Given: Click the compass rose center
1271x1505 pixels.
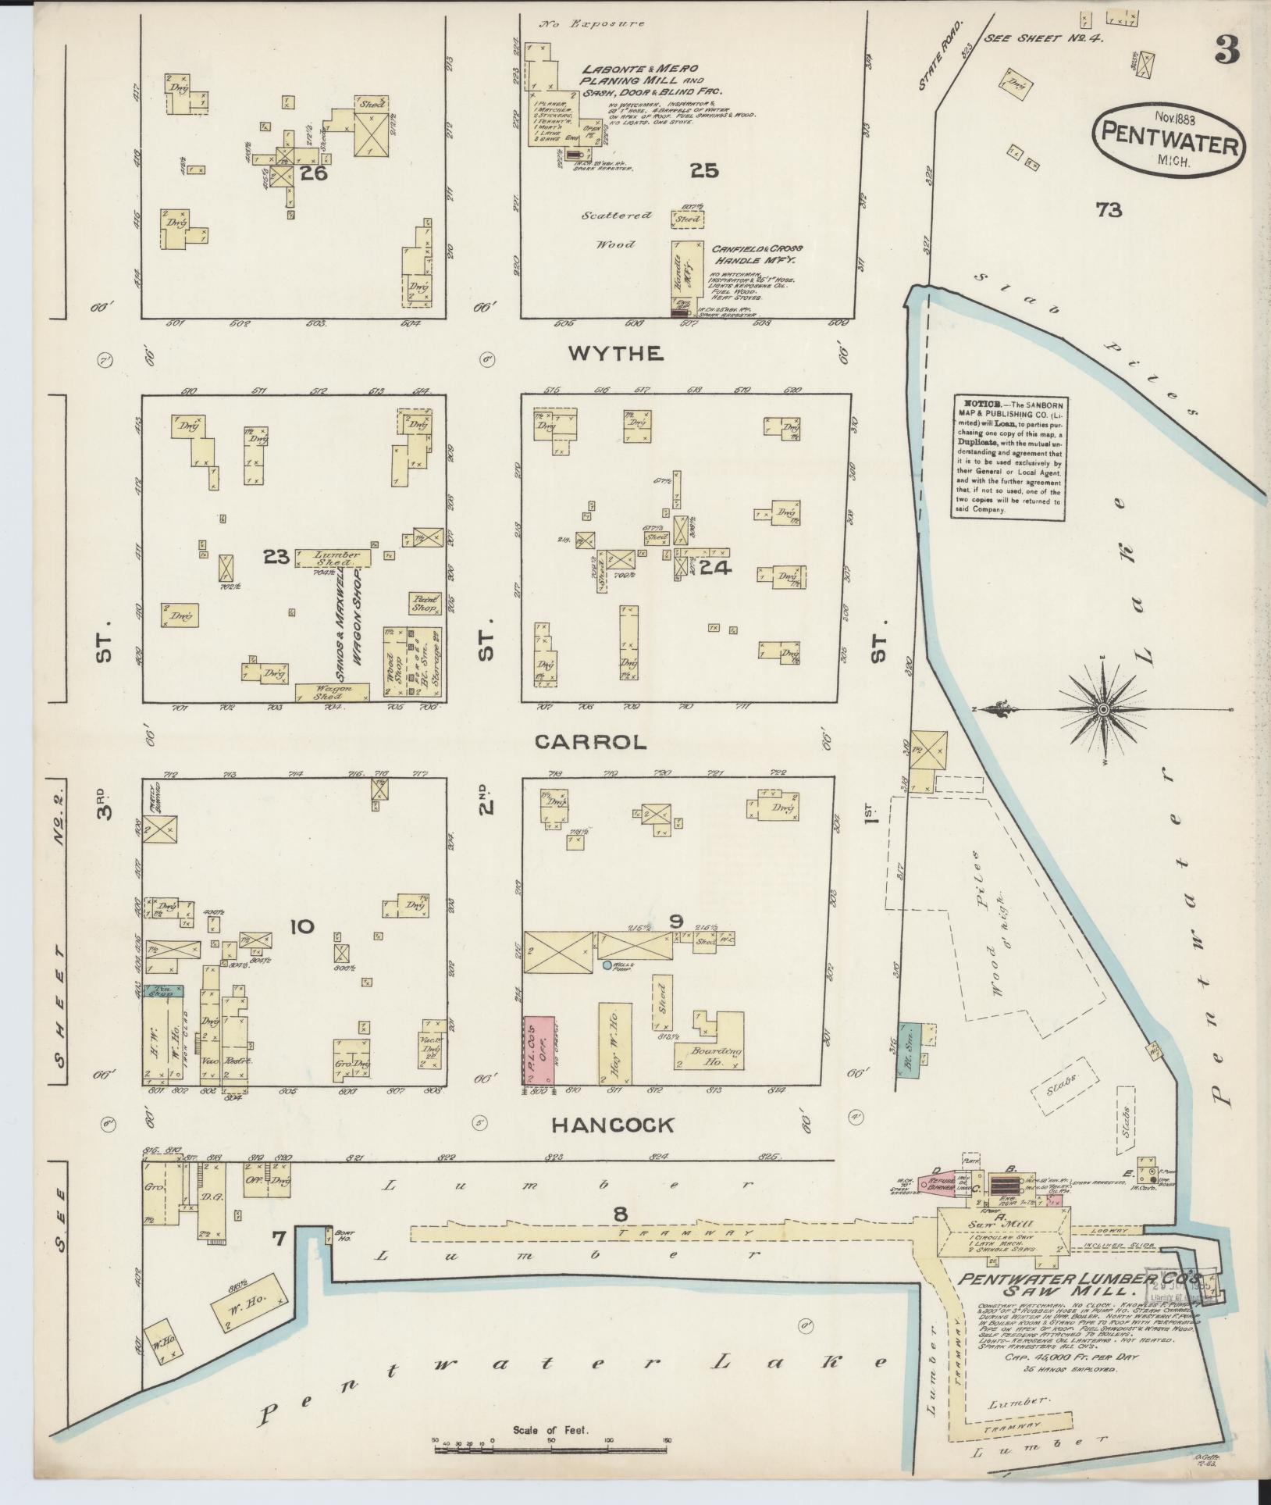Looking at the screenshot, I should coord(1103,709).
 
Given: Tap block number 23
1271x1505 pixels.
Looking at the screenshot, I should coord(276,557).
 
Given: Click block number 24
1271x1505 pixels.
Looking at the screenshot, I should coord(715,568).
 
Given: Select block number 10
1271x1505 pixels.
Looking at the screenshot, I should coord(301,927).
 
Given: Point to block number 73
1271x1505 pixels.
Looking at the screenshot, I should coord(1108,209).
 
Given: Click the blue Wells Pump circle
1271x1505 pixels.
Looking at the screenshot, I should coord(607,966).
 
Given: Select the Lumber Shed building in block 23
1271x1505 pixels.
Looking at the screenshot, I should coord(334,558).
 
